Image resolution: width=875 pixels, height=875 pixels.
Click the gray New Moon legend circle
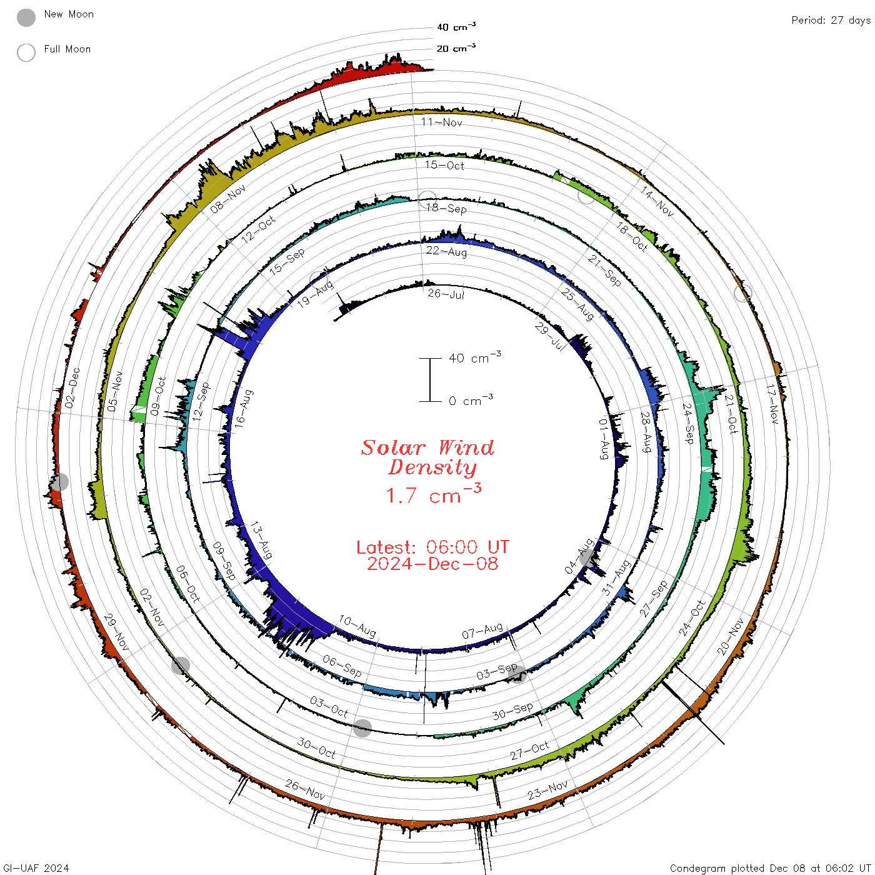[x=26, y=17]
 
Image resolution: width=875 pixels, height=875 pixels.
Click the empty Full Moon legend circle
[x=26, y=52]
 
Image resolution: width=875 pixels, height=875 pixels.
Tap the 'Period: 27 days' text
[x=831, y=21]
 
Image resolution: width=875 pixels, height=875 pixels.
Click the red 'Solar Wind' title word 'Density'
[x=432, y=467]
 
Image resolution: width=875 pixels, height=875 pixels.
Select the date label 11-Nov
[x=441, y=122]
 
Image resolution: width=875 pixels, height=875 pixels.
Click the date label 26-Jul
[x=446, y=294]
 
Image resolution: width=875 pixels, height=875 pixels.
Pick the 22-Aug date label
[x=446, y=251]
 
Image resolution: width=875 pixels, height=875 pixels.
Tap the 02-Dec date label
[x=72, y=388]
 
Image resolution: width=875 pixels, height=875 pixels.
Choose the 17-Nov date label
[x=772, y=404]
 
